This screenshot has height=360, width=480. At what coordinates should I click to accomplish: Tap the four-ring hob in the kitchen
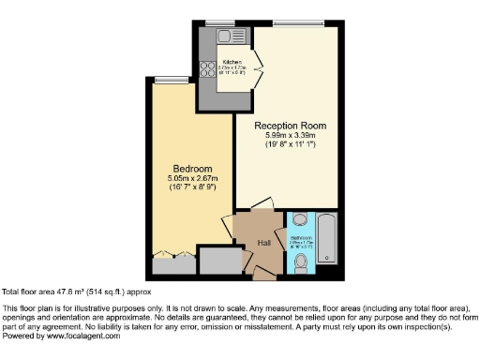[x=205, y=68]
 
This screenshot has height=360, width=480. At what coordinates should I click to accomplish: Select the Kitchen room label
[x=232, y=62]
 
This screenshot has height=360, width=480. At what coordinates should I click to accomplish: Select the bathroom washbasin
[x=299, y=221]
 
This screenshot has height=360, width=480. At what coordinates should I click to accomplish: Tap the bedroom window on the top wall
[x=169, y=79]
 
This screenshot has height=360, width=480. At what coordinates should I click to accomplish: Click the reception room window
[x=298, y=22]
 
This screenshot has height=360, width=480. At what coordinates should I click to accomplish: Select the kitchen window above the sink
[x=221, y=22]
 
